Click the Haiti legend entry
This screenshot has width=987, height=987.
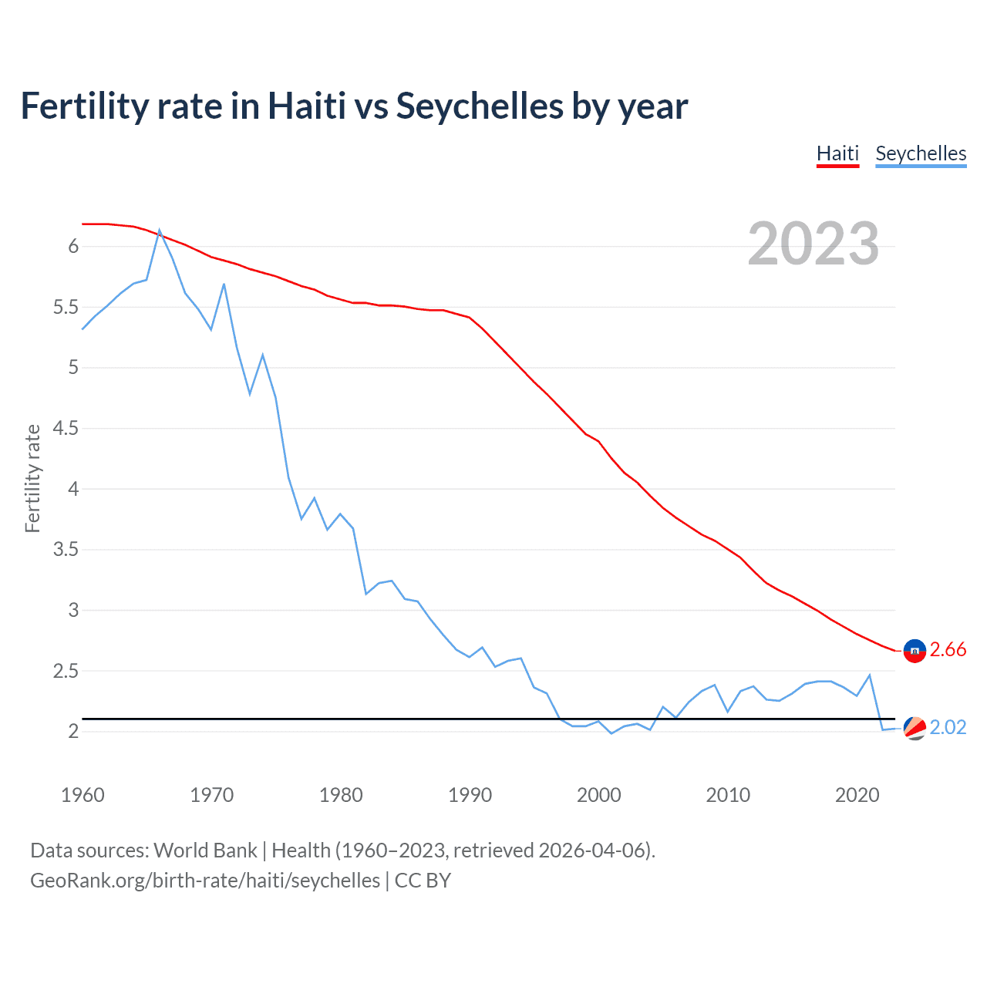pos(837,153)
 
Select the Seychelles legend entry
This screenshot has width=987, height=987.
pos(921,153)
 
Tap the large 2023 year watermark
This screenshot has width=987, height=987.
pos(814,244)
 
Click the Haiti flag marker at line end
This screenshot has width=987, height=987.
pos(915,651)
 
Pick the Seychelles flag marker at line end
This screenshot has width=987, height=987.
pos(915,728)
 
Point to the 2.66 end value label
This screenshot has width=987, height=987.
pos(948,650)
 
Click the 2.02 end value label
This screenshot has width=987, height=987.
pos(948,728)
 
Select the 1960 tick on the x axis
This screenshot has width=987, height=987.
pos(83,795)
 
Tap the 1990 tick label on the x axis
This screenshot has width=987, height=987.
pos(470,795)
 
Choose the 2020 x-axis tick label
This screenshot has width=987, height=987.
pos(857,795)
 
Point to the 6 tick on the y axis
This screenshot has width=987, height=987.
pos(73,247)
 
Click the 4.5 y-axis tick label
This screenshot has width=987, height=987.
pos(66,429)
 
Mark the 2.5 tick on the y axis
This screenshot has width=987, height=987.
pos(66,672)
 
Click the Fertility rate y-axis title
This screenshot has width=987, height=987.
pos(32,478)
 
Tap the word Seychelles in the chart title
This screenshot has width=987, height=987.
pos(479,106)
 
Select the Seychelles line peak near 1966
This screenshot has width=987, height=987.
pos(160,230)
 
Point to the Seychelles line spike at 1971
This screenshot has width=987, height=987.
pos(224,285)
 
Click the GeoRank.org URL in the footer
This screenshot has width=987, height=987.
pos(205,881)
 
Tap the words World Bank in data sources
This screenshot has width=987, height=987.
pos(205,851)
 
